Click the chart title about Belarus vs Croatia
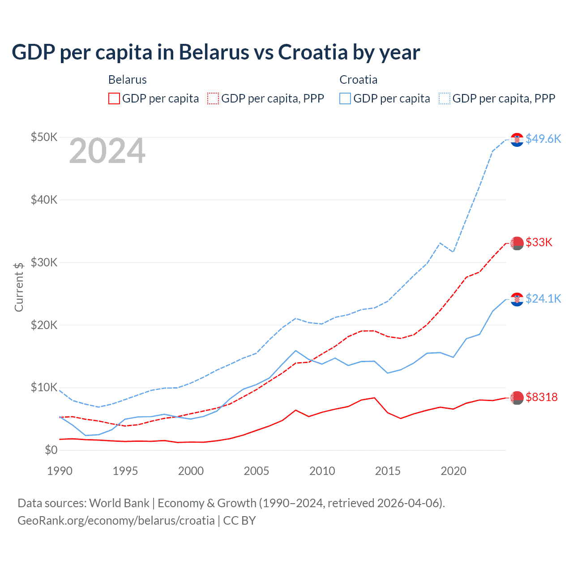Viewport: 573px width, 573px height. tap(216, 52)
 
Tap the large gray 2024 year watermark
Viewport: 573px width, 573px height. tap(107, 151)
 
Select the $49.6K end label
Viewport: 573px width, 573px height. tap(543, 139)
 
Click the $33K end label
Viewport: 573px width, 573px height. tap(539, 243)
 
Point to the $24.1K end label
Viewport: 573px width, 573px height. tap(543, 299)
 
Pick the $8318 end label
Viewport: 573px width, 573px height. tap(542, 397)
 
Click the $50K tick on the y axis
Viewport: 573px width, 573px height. tap(44, 137)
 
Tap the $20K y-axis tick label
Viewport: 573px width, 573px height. tap(44, 325)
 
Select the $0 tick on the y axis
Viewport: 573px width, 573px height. tap(51, 450)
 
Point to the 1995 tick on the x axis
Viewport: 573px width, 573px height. tap(125, 471)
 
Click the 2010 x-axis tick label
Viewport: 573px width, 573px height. tap(322, 471)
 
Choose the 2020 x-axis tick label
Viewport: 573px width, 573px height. tap(453, 471)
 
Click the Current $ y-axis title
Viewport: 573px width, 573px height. tap(19, 287)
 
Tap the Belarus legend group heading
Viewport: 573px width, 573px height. tap(128, 80)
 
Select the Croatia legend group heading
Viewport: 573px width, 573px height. tap(359, 80)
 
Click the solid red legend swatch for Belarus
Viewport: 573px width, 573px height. tap(114, 98)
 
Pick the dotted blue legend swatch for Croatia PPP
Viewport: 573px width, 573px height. tap(445, 98)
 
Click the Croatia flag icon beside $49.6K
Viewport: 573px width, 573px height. tap(517, 140)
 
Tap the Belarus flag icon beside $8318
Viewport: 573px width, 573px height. tap(517, 398)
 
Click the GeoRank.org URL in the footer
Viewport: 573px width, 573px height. tap(116, 521)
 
